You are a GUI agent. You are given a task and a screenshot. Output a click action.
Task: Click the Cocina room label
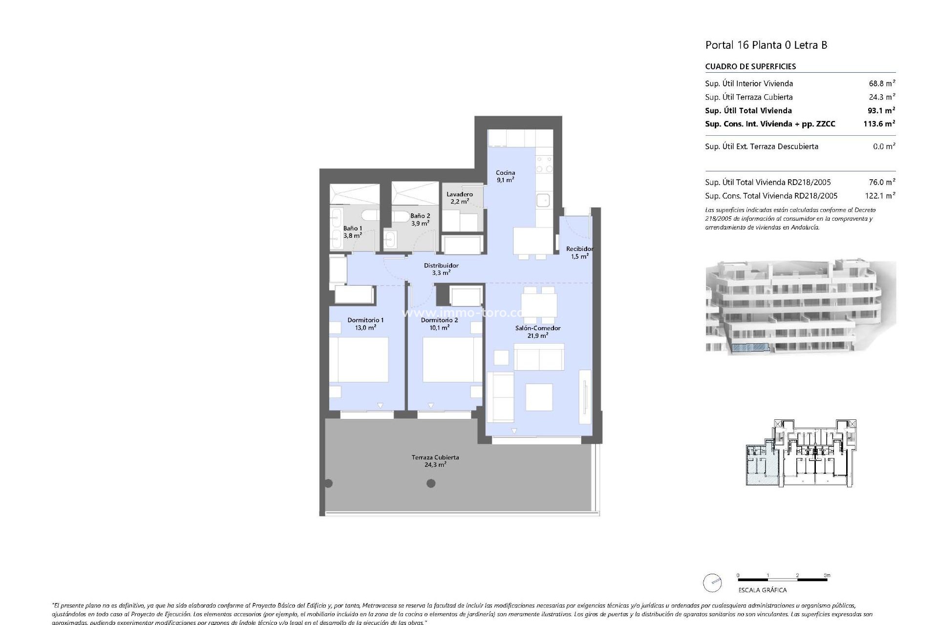pyautogui.click(x=505, y=176)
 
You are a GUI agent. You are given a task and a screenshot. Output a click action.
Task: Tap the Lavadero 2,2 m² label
pyautogui.click(x=459, y=198)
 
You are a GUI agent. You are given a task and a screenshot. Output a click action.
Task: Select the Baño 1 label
pyautogui.click(x=353, y=232)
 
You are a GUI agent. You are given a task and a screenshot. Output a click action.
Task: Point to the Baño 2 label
pyautogui.click(x=420, y=219)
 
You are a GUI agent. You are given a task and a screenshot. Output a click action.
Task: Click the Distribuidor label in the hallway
pyautogui.click(x=441, y=269)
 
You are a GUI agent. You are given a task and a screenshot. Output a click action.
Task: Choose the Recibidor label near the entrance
pyautogui.click(x=579, y=252)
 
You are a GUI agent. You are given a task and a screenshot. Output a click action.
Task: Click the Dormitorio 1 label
pyautogui.click(x=365, y=324)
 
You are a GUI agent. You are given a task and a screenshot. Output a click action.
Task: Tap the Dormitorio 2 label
pyautogui.click(x=439, y=324)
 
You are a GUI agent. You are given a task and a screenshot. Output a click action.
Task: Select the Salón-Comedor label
pyautogui.click(x=537, y=332)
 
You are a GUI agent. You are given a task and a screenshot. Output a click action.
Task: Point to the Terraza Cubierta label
pyautogui.click(x=435, y=461)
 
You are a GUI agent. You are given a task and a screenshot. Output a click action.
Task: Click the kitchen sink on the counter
pyautogui.click(x=543, y=200)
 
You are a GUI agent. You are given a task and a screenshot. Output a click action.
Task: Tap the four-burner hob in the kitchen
pyautogui.click(x=544, y=164)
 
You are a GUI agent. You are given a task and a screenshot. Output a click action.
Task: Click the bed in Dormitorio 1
pyautogui.click(x=359, y=360)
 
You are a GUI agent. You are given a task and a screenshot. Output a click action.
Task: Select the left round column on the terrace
pyautogui.click(x=329, y=483)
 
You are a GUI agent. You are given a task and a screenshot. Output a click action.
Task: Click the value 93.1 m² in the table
pyautogui.click(x=879, y=110)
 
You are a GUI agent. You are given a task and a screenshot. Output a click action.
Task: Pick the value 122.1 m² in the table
pyautogui.click(x=879, y=196)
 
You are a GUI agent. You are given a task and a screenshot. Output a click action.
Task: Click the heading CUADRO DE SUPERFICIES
pyautogui.click(x=750, y=66)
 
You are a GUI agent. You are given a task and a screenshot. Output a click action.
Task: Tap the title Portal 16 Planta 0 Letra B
pyautogui.click(x=766, y=45)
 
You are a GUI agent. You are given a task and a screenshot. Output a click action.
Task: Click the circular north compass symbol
pyautogui.click(x=712, y=583)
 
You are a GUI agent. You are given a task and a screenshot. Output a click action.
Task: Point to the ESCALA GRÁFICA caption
pyautogui.click(x=762, y=590)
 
